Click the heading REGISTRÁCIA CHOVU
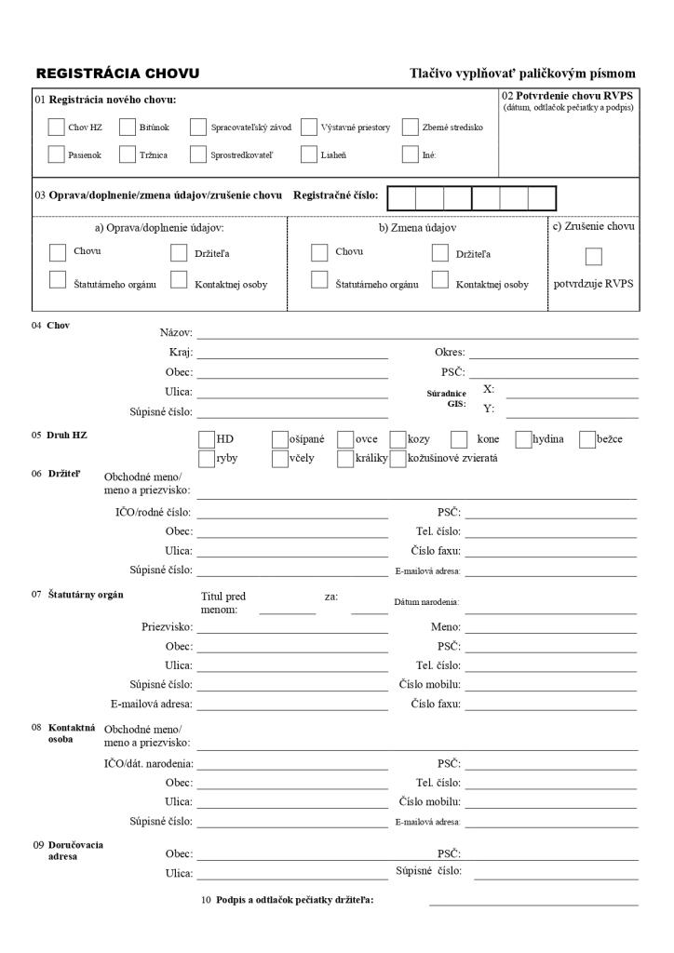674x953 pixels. click(x=117, y=74)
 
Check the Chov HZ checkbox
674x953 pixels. click(x=55, y=128)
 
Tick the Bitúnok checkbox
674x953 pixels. click(x=128, y=128)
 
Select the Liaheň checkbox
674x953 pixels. click(x=309, y=154)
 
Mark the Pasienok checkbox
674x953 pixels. click(x=55, y=154)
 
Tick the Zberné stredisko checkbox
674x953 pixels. click(x=411, y=128)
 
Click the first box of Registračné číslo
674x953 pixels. click(x=401, y=197)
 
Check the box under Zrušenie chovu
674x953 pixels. click(x=593, y=256)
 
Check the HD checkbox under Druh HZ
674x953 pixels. click(x=207, y=439)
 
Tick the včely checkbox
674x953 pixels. click(x=280, y=458)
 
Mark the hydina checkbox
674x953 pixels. click(x=523, y=439)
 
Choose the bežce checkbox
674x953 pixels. click(x=587, y=439)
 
